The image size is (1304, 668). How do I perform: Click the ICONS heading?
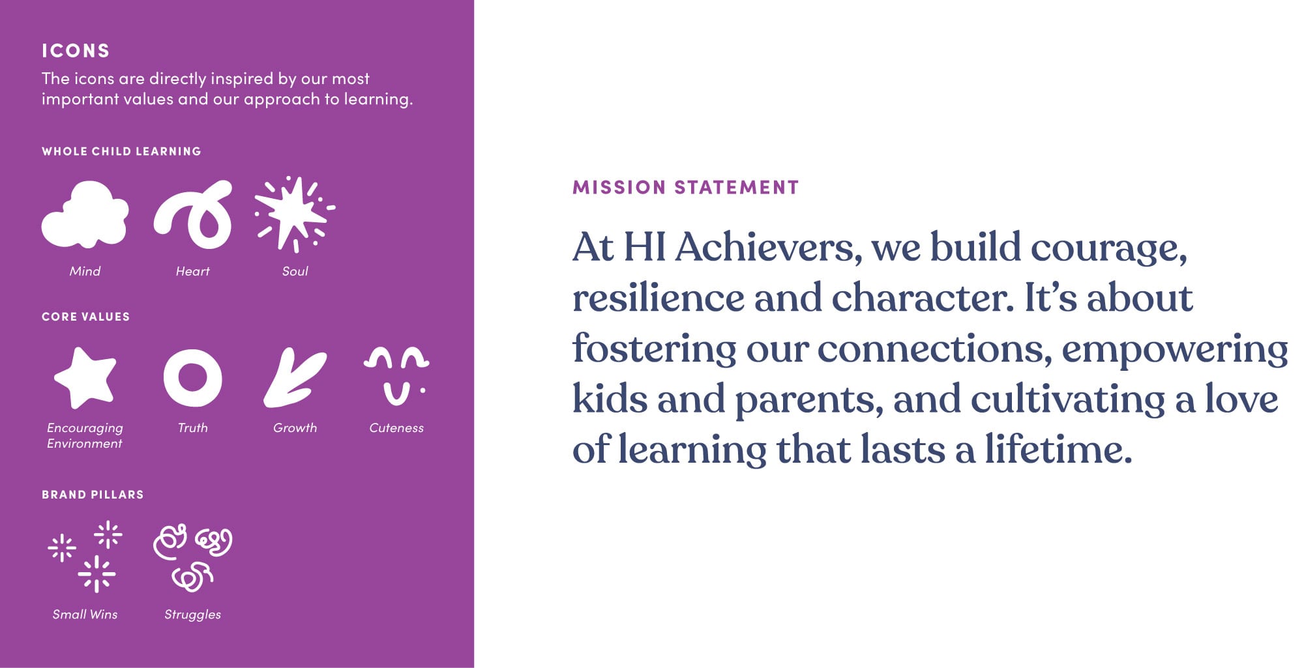pyautogui.click(x=76, y=51)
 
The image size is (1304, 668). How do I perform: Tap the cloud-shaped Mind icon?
pyautogui.click(x=85, y=215)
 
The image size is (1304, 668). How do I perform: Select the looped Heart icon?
pyautogui.click(x=193, y=215)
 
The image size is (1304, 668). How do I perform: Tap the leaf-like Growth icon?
pyautogui.click(x=295, y=378)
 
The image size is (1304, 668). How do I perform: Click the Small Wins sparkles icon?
pyautogui.click(x=85, y=557)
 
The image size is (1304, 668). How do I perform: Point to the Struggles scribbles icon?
pyautogui.click(x=192, y=558)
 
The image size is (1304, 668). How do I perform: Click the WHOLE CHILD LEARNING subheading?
pyautogui.click(x=121, y=151)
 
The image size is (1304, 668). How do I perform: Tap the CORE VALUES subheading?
pyautogui.click(x=85, y=317)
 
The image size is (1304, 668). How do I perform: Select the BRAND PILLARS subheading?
pyautogui.click(x=93, y=495)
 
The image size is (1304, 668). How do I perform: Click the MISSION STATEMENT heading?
pyautogui.click(x=685, y=188)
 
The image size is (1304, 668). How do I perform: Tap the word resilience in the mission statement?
pyautogui.click(x=659, y=298)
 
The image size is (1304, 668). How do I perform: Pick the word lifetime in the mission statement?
pyautogui.click(x=1058, y=450)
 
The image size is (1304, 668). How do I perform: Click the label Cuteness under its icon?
pyautogui.click(x=396, y=428)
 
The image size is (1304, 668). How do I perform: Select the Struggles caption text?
pyautogui.click(x=192, y=615)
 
